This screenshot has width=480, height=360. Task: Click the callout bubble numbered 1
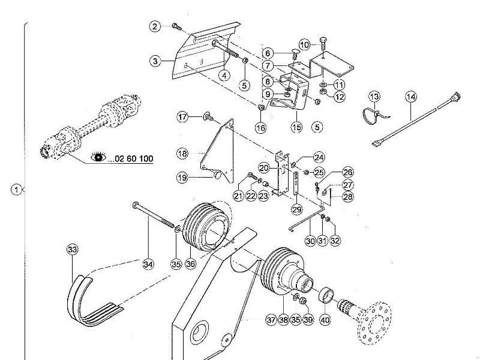coord(16,190)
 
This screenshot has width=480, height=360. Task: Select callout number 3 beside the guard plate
coord(155,61)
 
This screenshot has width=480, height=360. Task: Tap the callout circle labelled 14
coord(411,97)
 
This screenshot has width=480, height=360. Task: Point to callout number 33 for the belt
coord(73,249)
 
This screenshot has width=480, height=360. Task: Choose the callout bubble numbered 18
coord(183,154)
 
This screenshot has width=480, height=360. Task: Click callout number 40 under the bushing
coord(325,320)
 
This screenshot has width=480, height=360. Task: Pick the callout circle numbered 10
coord(304,44)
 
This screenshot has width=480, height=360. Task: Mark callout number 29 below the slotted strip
coord(296,209)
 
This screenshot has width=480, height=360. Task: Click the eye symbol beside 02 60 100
coord(97,158)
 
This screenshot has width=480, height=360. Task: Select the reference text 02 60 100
coord(131,159)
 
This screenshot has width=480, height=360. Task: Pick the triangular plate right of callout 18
coord(216,153)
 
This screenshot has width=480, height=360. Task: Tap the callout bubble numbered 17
coord(183,116)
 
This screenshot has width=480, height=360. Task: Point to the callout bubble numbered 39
coord(308,320)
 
